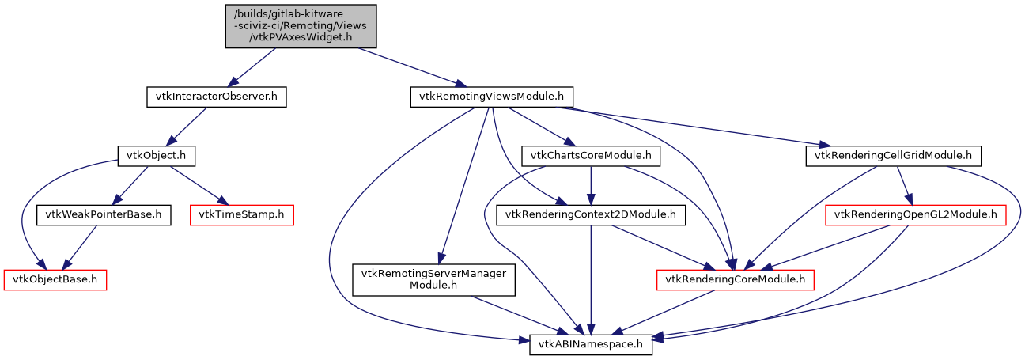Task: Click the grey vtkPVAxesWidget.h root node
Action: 301,26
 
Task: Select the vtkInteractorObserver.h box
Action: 216,97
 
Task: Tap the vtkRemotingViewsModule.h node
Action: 491,97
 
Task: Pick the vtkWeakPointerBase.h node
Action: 104,214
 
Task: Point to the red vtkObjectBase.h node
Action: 55,279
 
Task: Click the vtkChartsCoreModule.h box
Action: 592,155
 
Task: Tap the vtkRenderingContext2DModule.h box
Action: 591,214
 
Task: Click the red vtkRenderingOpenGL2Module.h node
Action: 915,214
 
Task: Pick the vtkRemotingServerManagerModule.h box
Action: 433,279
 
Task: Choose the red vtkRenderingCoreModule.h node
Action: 735,279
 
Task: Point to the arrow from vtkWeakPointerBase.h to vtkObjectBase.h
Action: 79,247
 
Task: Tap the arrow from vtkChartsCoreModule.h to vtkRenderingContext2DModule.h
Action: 591,185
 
